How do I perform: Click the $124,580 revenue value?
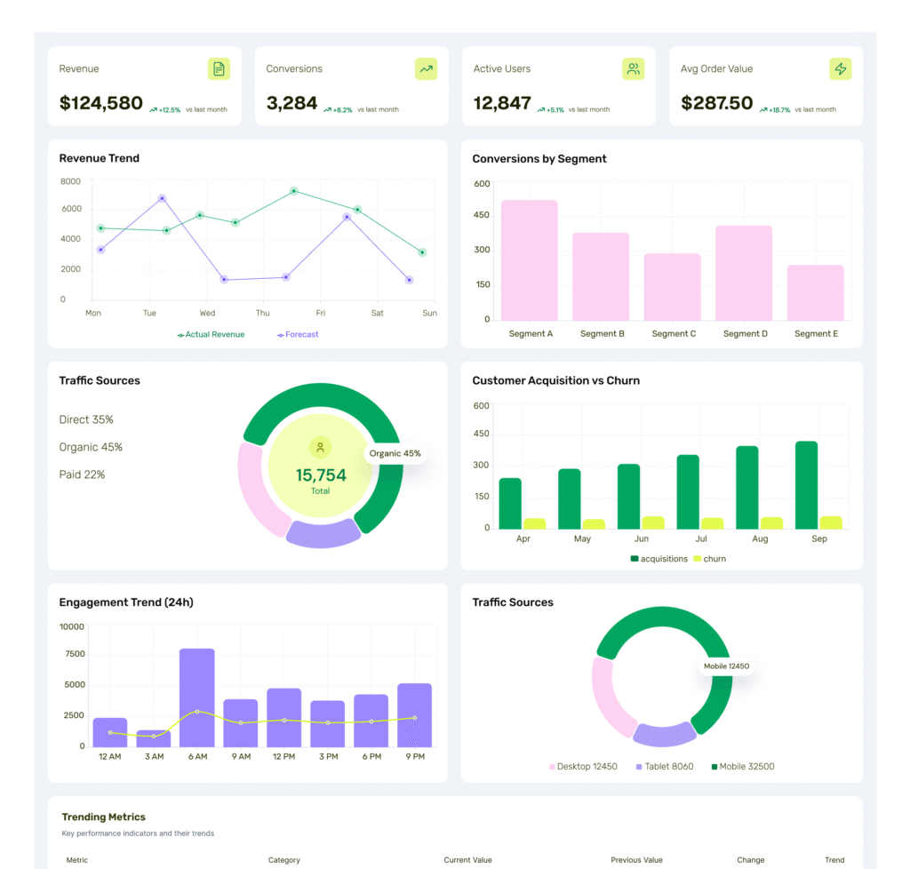click(100, 103)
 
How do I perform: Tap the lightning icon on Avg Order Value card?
click(840, 68)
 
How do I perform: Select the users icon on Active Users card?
click(633, 68)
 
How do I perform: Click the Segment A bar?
click(529, 259)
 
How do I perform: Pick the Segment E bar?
click(815, 292)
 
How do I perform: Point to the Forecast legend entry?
click(298, 335)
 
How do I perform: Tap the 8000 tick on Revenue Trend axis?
click(70, 181)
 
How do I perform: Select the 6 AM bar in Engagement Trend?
click(196, 698)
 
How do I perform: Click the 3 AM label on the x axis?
click(154, 756)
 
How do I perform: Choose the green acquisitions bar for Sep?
click(806, 484)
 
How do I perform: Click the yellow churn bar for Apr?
click(534, 523)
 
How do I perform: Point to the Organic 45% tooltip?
click(395, 453)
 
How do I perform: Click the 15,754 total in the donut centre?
click(321, 475)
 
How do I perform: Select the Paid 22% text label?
click(82, 474)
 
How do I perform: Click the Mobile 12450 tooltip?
click(727, 666)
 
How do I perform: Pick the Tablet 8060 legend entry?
click(665, 766)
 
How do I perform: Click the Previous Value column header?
click(636, 860)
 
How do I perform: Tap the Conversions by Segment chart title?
click(539, 159)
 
